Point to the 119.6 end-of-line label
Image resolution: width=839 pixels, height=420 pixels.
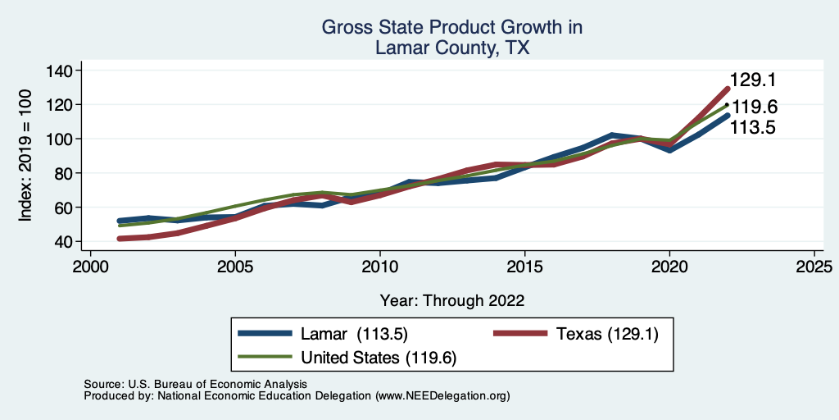[754, 107]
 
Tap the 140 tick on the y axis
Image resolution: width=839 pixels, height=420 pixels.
[60, 71]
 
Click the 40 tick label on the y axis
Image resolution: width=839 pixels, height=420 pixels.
[64, 242]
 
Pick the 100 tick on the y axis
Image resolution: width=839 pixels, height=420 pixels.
[60, 139]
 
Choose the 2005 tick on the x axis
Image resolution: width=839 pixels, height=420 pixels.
[235, 267]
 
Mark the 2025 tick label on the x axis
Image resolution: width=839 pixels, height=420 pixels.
[814, 267]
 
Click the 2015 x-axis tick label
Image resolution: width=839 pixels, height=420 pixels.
[524, 267]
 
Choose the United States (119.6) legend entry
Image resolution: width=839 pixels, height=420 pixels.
[379, 358]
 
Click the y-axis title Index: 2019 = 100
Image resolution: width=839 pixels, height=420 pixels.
[26, 157]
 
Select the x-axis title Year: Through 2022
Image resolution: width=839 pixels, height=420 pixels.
[452, 299]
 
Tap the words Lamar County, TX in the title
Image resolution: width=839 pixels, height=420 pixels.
[452, 48]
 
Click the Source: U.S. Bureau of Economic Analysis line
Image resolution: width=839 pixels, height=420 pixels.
[195, 384]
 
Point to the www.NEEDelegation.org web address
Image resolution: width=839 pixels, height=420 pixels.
[442, 395]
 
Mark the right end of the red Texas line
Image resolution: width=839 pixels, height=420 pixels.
[727, 89]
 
